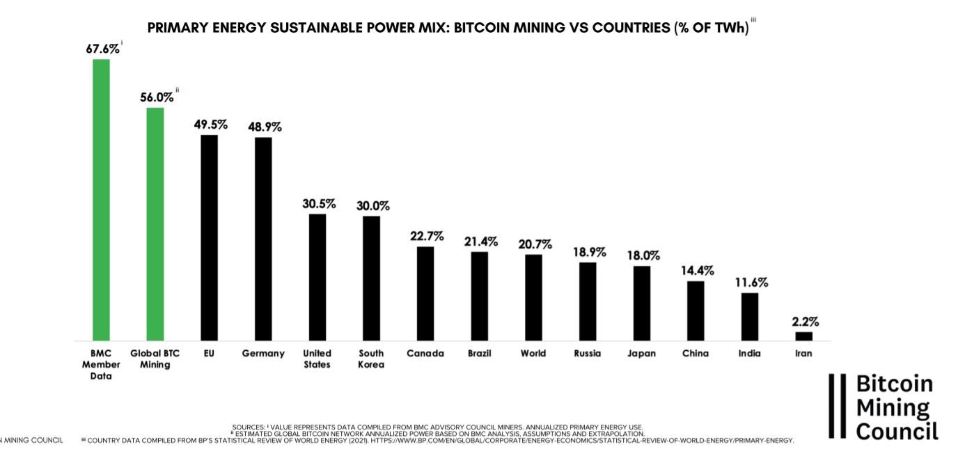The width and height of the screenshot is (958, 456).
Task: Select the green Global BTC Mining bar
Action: tap(155, 223)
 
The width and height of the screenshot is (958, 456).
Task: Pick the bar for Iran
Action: tap(803, 336)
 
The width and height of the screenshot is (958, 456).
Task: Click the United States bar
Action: tap(317, 277)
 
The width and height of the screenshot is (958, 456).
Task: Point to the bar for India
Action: tap(750, 316)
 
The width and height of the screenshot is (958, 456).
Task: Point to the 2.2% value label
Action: tap(805, 322)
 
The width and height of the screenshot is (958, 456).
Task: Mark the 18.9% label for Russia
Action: tap(588, 252)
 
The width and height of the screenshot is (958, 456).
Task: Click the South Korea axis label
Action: tap(371, 359)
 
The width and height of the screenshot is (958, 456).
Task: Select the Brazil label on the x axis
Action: tap(480, 353)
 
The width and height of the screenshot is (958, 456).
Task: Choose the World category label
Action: tap(533, 353)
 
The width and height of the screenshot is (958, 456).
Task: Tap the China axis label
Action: tap(696, 353)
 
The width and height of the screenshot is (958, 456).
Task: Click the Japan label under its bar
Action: tap(641, 353)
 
